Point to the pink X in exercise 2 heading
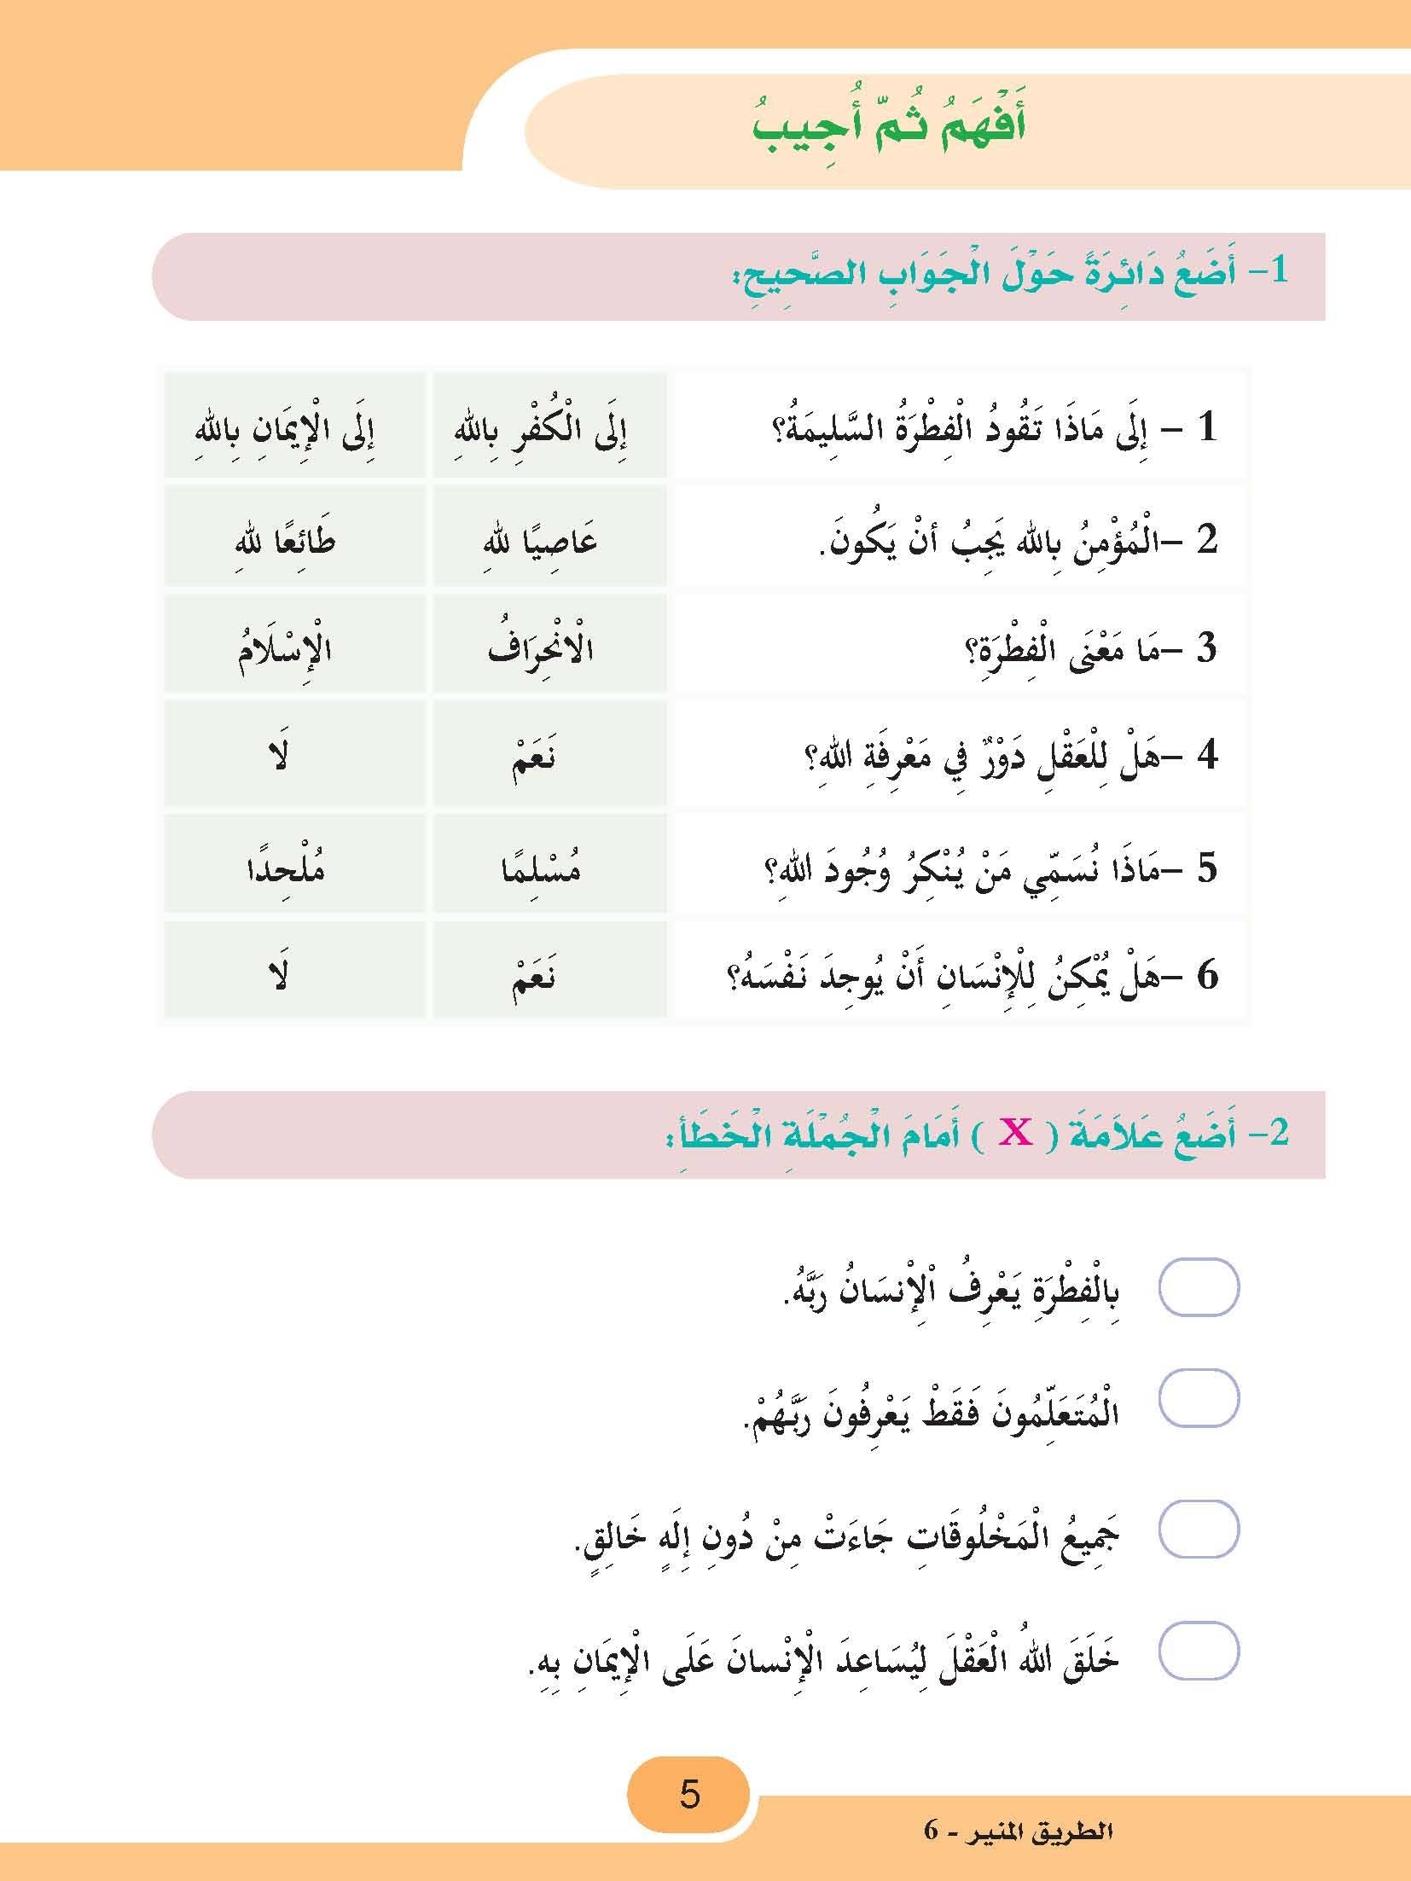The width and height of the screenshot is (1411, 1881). coord(1016,1134)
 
